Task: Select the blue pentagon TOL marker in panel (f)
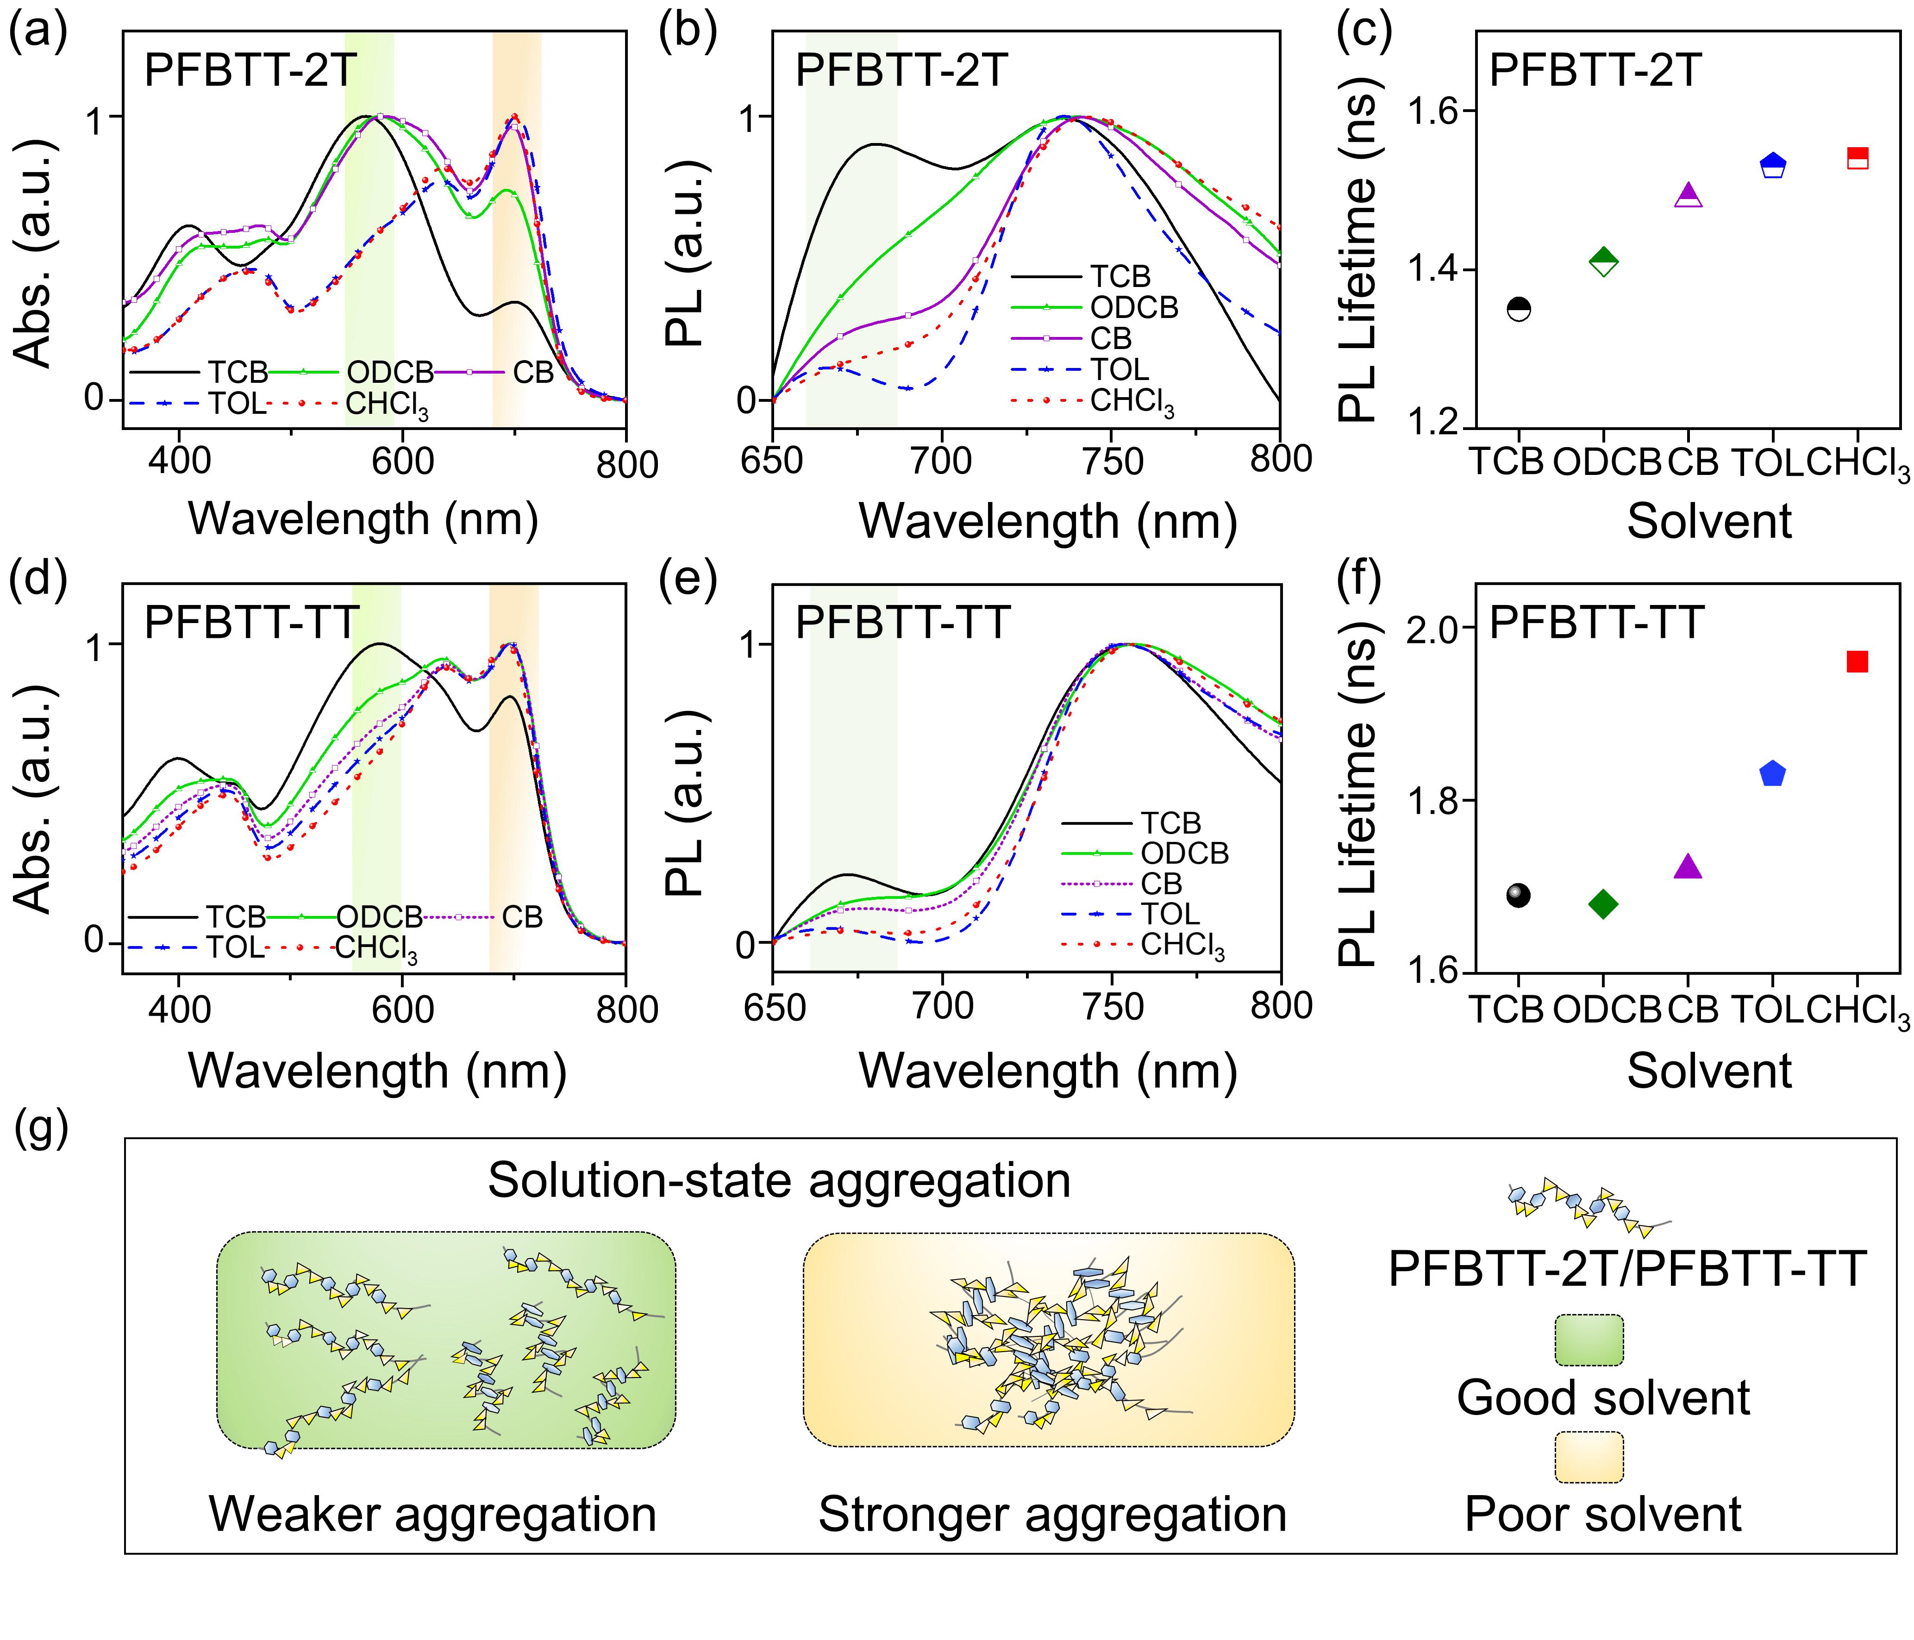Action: coord(1772,774)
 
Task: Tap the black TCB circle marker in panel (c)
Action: coord(1519,309)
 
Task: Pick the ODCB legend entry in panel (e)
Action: coord(1184,853)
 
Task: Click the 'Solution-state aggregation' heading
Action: coord(779,1180)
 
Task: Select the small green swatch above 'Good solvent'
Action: coord(1589,1340)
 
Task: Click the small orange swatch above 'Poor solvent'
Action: coord(1589,1456)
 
